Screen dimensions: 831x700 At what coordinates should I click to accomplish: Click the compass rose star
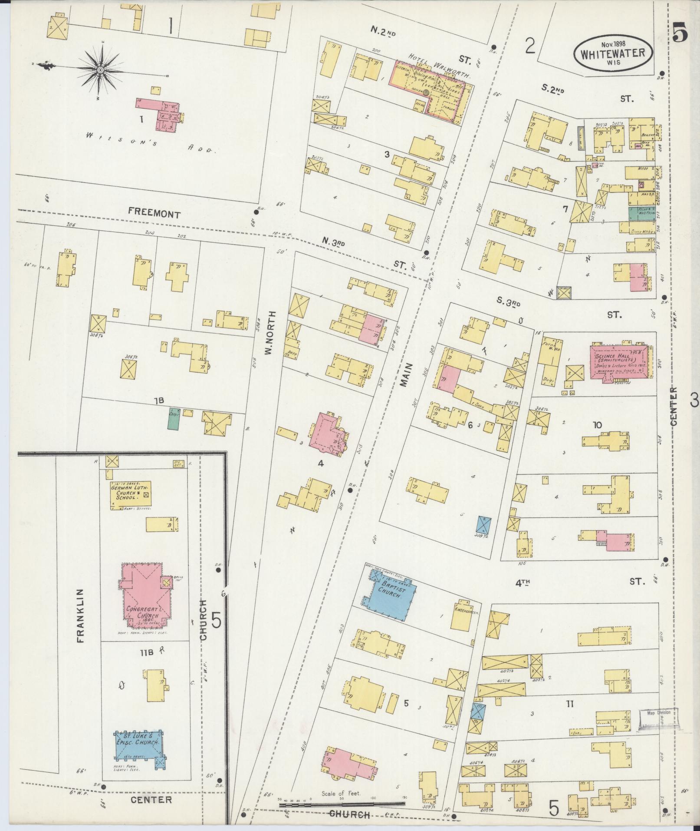point(100,70)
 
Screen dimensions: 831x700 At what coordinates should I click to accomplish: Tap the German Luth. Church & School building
point(130,495)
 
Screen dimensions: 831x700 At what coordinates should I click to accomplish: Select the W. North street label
point(271,332)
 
